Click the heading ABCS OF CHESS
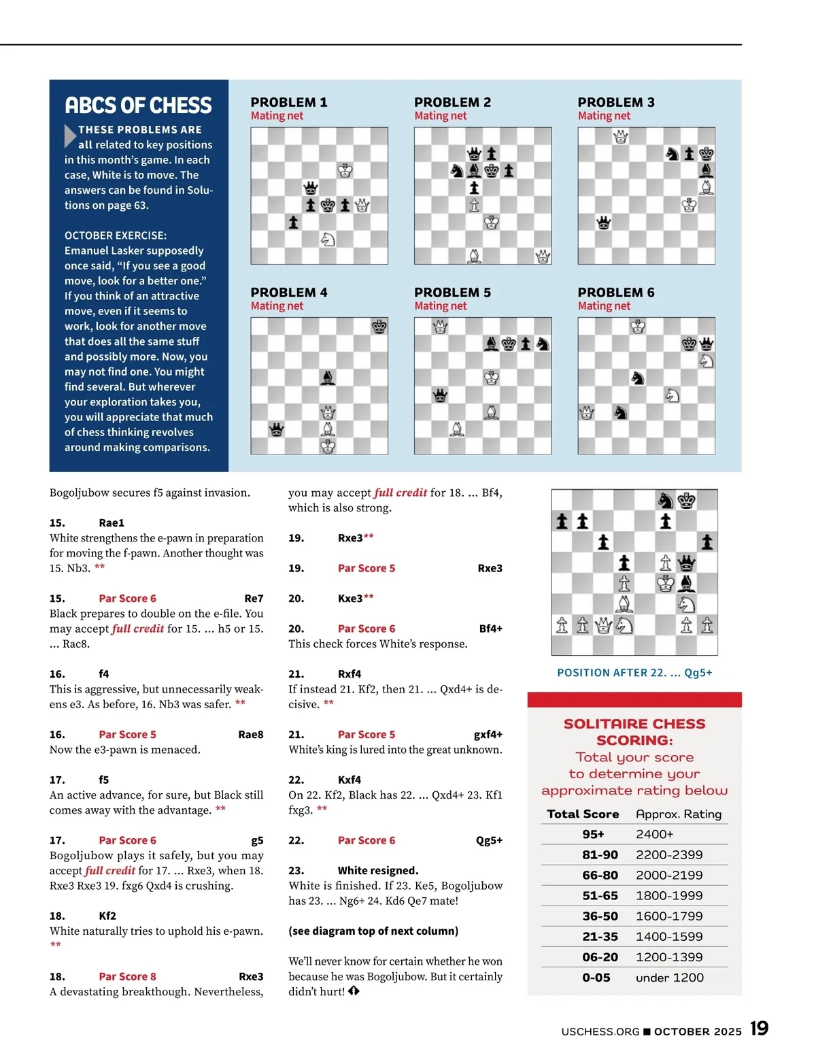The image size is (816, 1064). click(x=138, y=105)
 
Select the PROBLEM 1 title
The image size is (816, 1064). click(x=289, y=102)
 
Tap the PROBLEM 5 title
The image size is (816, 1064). click(x=452, y=293)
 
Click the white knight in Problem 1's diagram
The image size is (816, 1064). click(x=328, y=239)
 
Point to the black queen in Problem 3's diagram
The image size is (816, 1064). click(x=603, y=222)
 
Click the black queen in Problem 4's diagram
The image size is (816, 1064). click(x=277, y=429)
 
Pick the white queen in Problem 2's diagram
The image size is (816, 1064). click(x=543, y=256)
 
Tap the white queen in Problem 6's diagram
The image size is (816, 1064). click(x=586, y=412)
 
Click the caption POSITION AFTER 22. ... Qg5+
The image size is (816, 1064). click(x=634, y=673)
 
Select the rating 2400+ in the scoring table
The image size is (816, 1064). click(x=654, y=834)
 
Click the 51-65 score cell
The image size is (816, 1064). click(x=600, y=895)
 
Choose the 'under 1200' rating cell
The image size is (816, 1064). click(x=670, y=978)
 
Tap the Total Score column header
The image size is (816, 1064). click(x=583, y=814)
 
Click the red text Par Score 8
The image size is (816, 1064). click(x=127, y=977)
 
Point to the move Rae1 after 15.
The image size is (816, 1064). click(x=112, y=523)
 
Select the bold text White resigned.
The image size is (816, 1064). click(x=378, y=871)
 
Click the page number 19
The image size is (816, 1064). click(x=760, y=1029)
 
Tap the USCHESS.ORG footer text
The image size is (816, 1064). click(x=600, y=1031)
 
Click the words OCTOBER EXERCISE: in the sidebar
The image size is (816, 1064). click(x=116, y=235)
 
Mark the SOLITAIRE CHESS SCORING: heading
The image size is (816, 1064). click(x=634, y=732)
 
